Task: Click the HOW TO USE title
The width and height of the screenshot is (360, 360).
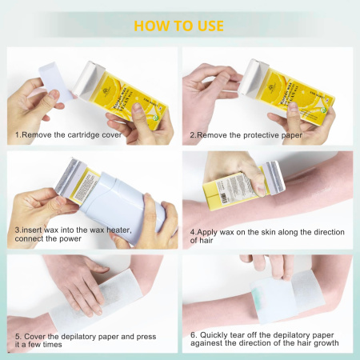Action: point(178,25)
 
